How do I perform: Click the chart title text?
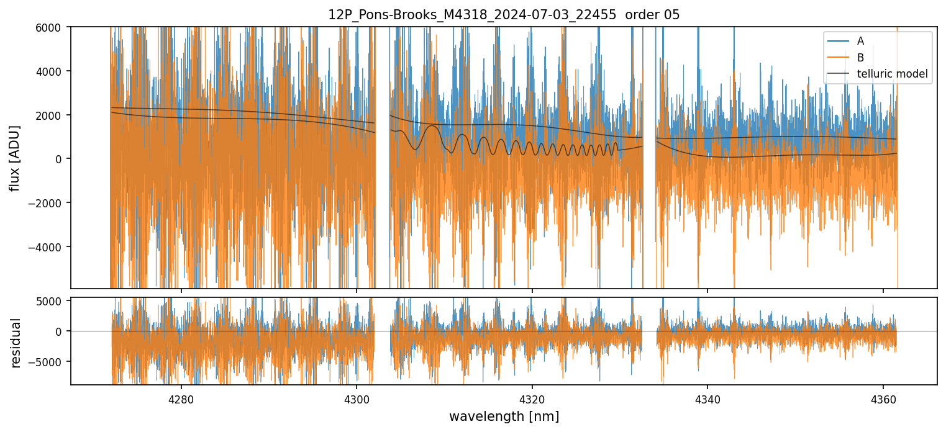(x=504, y=15)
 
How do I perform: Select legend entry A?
(x=860, y=42)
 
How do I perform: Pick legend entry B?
(x=860, y=58)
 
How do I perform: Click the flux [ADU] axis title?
(x=14, y=158)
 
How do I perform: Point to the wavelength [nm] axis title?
(x=504, y=416)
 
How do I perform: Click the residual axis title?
(x=16, y=343)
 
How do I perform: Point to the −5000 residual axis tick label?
(x=52, y=362)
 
